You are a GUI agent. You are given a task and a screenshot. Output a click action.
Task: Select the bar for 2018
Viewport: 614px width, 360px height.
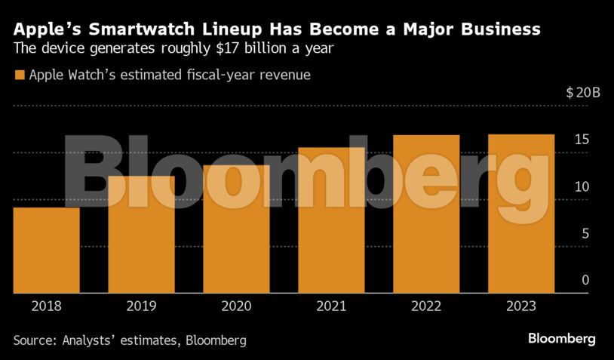(x=47, y=250)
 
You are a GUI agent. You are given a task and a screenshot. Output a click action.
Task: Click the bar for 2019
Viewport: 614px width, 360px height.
(x=142, y=235)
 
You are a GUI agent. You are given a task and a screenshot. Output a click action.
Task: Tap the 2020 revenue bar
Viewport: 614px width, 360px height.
(x=237, y=229)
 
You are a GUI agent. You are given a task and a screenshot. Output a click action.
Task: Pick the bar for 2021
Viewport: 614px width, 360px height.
(x=332, y=220)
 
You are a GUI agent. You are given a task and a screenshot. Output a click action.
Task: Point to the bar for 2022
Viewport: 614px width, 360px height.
(x=426, y=214)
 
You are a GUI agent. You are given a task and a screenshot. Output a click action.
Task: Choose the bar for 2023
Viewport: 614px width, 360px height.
(x=521, y=214)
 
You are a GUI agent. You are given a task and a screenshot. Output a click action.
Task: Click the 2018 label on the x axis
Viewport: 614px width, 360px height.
(x=47, y=306)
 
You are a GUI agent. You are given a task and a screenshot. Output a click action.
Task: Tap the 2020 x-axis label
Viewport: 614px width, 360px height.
(x=237, y=306)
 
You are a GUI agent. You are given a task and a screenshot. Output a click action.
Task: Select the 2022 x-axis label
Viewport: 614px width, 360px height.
(x=426, y=306)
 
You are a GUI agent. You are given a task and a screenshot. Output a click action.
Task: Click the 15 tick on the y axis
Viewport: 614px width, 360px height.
(x=582, y=140)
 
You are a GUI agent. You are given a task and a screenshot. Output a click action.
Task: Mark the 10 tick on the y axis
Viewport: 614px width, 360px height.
(x=582, y=186)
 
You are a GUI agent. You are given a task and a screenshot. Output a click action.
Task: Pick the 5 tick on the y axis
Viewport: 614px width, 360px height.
(x=585, y=233)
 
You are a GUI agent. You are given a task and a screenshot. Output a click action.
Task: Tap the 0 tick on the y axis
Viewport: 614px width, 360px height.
(x=585, y=280)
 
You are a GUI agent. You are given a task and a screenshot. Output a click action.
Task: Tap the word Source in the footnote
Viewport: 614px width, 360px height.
(x=38, y=340)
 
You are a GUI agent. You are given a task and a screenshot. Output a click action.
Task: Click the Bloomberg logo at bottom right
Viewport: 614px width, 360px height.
(x=562, y=338)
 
